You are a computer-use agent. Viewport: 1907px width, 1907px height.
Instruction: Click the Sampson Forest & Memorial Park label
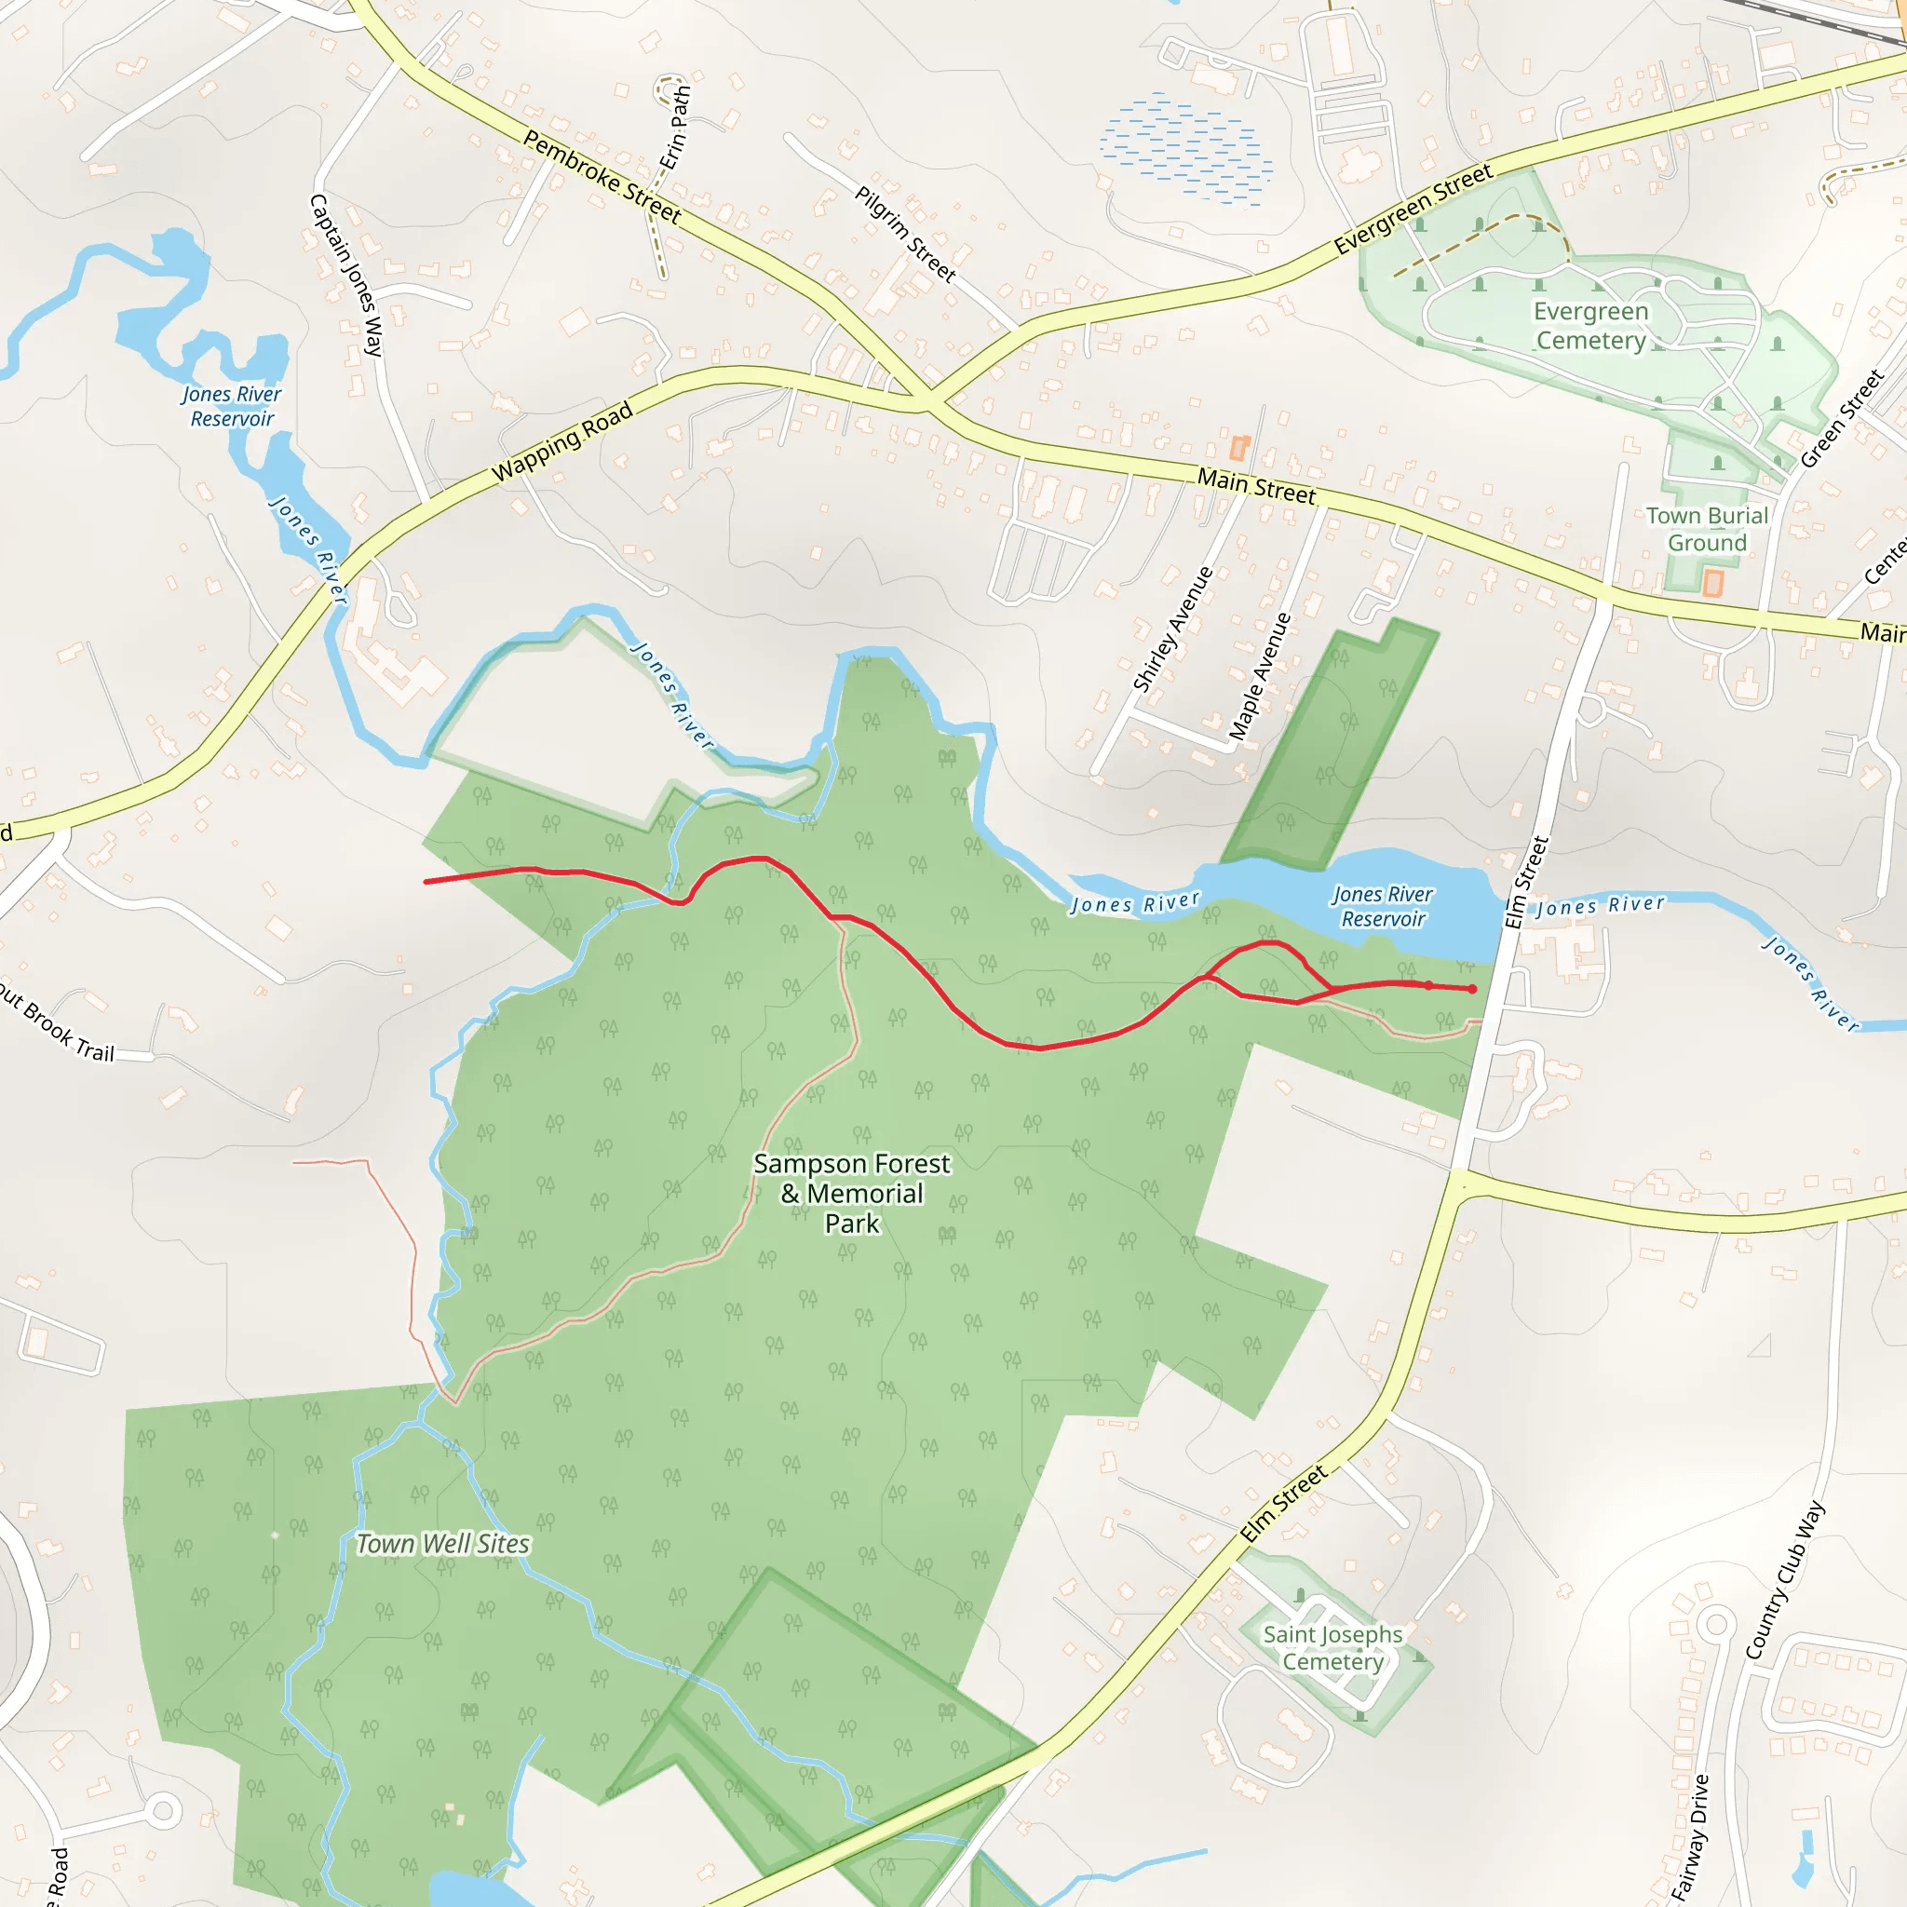(852, 1194)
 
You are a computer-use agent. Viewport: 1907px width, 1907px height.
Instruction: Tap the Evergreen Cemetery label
(1590, 326)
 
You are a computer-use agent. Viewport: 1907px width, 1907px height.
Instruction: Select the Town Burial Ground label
(1707, 529)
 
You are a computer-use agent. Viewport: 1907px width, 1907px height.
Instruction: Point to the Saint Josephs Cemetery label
(1332, 1647)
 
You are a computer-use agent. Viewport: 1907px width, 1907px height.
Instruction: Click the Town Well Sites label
(442, 1544)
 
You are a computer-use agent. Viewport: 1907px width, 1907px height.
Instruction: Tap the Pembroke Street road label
(602, 177)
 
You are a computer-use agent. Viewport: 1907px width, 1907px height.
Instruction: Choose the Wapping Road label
(561, 442)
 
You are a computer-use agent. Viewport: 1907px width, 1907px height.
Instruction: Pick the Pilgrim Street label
(904, 234)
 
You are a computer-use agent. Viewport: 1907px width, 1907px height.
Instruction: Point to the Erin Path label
(675, 128)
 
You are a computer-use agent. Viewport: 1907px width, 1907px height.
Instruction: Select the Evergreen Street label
(1413, 210)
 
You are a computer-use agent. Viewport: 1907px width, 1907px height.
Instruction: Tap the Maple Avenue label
(1260, 676)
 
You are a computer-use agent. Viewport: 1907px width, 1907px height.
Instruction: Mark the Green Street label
(1842, 418)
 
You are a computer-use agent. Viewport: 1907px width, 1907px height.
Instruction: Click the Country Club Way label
(1785, 1580)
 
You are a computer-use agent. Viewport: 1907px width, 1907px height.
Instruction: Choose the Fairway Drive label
(1691, 1837)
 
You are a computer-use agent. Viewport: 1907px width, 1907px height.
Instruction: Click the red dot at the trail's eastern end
(1473, 989)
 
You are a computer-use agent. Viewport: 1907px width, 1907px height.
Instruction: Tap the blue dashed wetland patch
(1185, 148)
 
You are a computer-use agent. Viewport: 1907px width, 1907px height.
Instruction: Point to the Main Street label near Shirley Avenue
(1255, 486)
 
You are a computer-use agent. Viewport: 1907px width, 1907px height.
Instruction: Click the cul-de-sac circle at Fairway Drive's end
(1716, 1624)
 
